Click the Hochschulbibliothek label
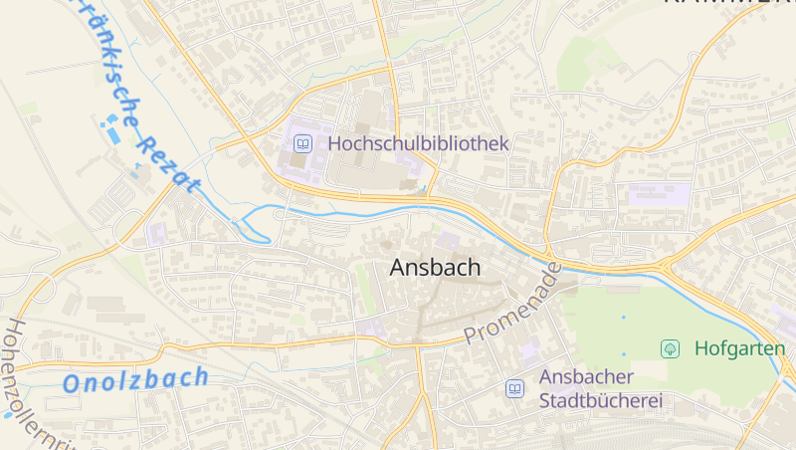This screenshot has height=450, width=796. tap(418, 143)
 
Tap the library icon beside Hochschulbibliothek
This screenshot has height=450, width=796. tap(302, 143)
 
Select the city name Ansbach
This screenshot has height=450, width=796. tap(435, 268)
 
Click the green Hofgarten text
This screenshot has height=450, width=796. tap(739, 348)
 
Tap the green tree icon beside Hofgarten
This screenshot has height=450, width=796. tap(671, 348)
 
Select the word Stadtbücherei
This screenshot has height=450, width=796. tap(600, 402)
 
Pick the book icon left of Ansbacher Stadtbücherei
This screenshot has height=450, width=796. tap(514, 389)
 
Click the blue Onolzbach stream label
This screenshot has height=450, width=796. tap(135, 379)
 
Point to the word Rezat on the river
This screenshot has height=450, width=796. tap(167, 159)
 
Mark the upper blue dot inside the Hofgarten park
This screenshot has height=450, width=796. tap(624, 318)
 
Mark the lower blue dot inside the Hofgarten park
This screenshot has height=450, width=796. tap(624, 354)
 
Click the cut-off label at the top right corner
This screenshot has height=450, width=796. tap(726, 4)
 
